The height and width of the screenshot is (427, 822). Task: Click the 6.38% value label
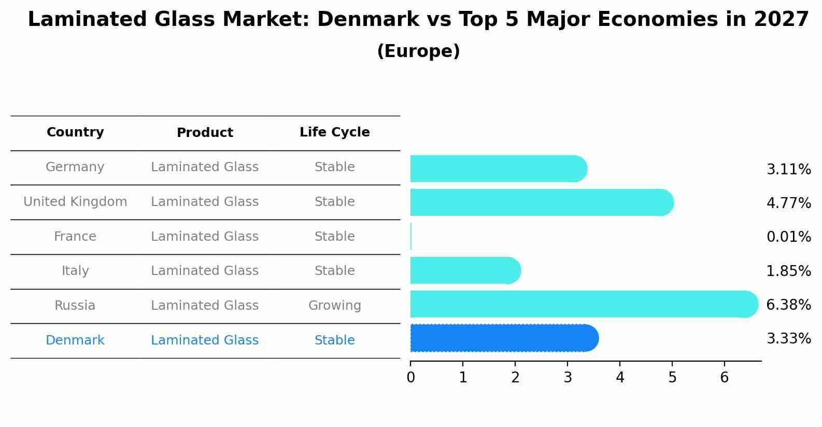pos(788,305)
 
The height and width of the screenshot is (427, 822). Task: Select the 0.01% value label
pos(788,237)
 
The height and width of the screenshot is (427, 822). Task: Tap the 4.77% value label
pos(788,203)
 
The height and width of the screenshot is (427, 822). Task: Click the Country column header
pos(75,132)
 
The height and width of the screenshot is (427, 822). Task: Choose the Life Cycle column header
pos(334,132)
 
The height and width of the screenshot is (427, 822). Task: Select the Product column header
pos(205,133)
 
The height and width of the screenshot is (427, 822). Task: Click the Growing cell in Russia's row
pos(334,306)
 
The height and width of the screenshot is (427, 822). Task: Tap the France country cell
pos(75,237)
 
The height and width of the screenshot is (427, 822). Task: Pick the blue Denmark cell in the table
pos(75,340)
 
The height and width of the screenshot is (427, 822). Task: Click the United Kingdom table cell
pos(75,202)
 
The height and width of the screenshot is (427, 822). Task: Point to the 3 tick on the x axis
pos(568,378)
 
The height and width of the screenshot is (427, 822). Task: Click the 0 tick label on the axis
pos(410,378)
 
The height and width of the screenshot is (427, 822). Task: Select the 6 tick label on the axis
pos(725,378)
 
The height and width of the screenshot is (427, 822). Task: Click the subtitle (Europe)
pos(418,51)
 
